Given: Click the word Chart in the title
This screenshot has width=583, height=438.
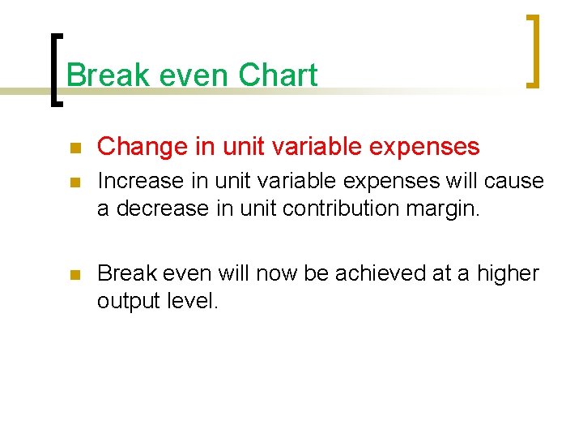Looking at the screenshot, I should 278,75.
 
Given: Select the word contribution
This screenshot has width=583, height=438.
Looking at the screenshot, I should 351,208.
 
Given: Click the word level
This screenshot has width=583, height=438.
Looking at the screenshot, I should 195,302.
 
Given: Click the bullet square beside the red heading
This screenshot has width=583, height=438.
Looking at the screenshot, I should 75,148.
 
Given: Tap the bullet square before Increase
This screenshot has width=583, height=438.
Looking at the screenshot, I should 75,182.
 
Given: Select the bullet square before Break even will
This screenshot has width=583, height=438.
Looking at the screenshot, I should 75,275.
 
